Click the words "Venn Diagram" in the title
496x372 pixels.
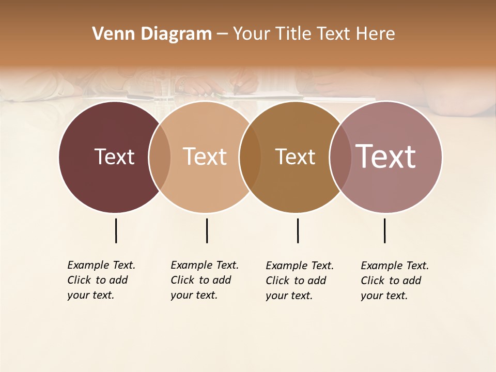(152, 34)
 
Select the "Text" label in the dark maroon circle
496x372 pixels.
(114, 157)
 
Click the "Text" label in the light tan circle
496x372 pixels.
(205, 157)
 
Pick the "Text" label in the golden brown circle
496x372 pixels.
(295, 157)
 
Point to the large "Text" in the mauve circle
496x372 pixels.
(385, 157)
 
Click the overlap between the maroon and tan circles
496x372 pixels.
(160, 157)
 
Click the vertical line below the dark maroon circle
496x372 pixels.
(116, 230)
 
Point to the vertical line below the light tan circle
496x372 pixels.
(207, 230)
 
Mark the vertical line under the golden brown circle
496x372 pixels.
(298, 230)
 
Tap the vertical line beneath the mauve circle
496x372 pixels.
(384, 230)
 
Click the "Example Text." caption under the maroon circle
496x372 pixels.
(101, 265)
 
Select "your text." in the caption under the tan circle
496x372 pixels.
(194, 295)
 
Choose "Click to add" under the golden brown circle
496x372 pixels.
(296, 281)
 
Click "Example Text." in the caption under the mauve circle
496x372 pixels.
(395, 266)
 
